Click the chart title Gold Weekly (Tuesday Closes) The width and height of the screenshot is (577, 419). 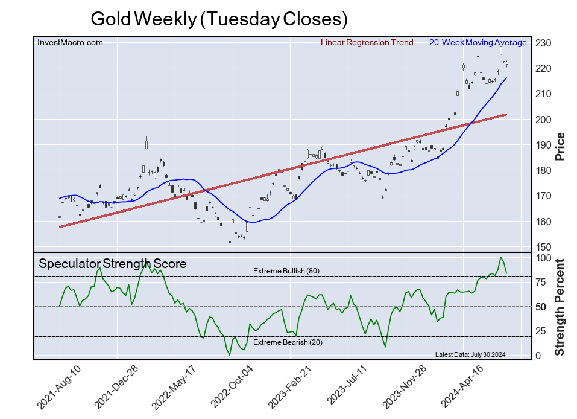click(x=219, y=19)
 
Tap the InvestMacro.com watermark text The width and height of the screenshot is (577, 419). click(x=71, y=43)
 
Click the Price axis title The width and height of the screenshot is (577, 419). click(x=560, y=146)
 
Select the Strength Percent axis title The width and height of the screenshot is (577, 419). click(x=560, y=307)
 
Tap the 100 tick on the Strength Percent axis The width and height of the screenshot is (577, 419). click(x=543, y=258)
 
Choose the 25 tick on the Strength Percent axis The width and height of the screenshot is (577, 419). click(x=541, y=331)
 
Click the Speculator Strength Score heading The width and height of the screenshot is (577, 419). click(x=113, y=264)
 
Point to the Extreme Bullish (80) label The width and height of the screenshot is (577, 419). click(x=286, y=271)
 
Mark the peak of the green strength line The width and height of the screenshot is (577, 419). click(x=500, y=258)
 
